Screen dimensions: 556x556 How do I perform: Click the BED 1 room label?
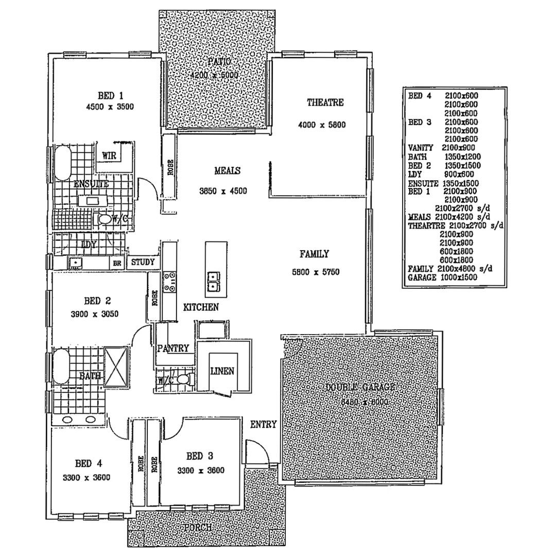(x=111, y=95)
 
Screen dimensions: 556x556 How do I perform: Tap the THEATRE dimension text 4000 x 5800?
(x=321, y=125)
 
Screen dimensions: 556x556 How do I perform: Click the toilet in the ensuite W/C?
(x=105, y=220)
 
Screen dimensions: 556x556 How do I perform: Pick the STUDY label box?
(x=143, y=263)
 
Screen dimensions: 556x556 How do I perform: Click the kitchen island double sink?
(x=213, y=282)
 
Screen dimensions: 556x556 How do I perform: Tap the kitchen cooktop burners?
(x=169, y=282)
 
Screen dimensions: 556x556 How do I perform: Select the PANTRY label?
(x=173, y=349)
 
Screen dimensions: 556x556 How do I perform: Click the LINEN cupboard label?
(x=222, y=371)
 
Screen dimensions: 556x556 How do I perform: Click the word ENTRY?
(x=264, y=425)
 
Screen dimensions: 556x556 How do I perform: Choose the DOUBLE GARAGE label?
(x=360, y=387)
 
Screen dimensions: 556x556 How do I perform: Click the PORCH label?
(x=197, y=528)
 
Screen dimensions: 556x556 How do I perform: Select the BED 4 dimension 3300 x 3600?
(x=86, y=477)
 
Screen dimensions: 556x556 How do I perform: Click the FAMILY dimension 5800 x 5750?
(x=315, y=271)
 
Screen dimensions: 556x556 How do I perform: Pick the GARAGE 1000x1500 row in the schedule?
(x=442, y=277)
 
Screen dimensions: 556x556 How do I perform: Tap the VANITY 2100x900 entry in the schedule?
(x=435, y=148)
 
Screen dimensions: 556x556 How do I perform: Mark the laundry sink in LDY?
(x=75, y=263)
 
